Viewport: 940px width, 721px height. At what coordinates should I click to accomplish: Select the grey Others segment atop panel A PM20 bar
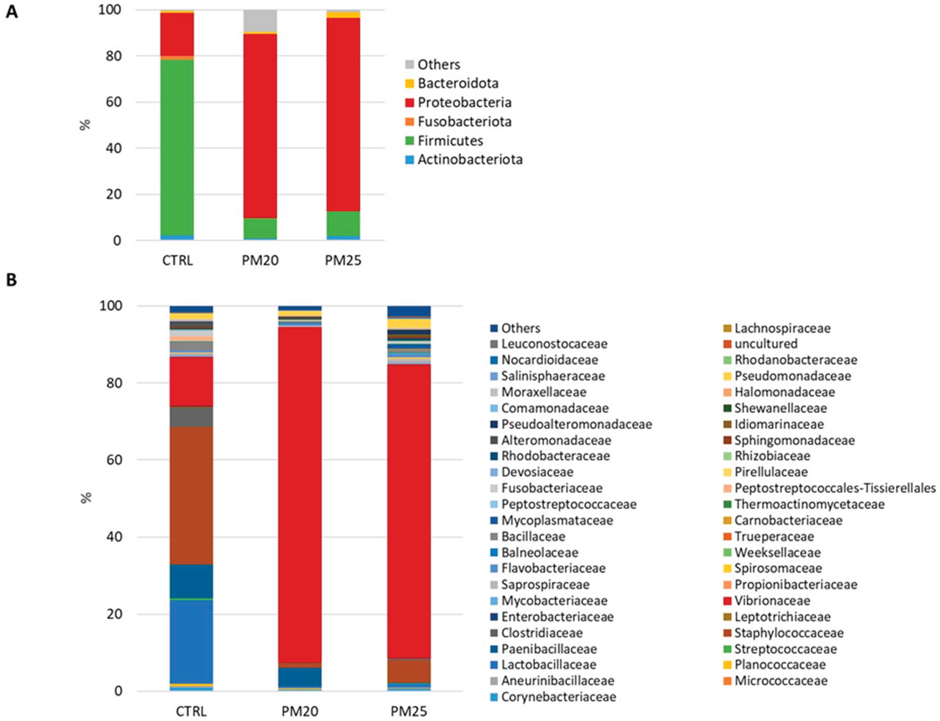[260, 21]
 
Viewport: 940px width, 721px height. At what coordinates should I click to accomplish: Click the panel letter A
[12, 12]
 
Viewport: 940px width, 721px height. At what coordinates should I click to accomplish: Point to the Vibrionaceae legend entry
[772, 600]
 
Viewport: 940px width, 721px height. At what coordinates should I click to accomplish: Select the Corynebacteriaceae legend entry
[558, 697]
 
